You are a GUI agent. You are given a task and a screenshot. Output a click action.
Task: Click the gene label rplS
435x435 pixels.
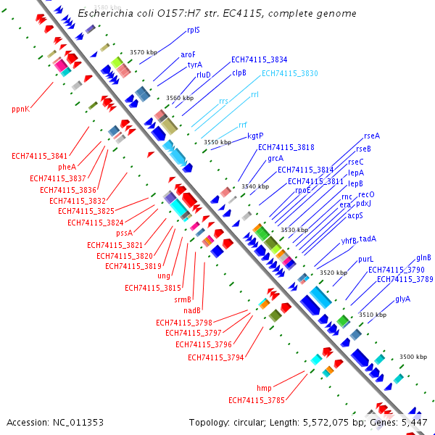194,30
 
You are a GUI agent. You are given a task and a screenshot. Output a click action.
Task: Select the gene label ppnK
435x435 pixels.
21,109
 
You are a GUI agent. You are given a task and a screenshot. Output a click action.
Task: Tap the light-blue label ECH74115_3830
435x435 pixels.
289,73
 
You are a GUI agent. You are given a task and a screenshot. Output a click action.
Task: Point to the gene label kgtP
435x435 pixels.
255,136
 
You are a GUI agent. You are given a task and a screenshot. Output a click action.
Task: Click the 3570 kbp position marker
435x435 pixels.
143,52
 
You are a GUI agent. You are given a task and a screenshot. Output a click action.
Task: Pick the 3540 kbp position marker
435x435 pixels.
254,186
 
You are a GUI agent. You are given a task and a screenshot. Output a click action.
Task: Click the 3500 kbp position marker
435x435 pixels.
413,357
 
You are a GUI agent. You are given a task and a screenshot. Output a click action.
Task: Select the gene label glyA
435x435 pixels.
402,299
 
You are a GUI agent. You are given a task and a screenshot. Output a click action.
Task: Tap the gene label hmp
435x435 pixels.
264,388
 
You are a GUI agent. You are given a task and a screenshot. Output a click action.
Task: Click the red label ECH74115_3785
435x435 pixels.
257,399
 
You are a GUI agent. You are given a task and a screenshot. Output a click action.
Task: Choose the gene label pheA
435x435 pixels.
67,167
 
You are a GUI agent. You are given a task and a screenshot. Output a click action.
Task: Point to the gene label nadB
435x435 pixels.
192,310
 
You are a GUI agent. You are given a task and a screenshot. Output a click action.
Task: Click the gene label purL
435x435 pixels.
365,259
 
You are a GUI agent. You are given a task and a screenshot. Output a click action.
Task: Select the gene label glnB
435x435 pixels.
423,257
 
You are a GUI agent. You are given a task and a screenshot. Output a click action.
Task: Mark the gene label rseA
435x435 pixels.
372,136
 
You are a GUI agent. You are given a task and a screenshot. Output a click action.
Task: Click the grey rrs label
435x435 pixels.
223,101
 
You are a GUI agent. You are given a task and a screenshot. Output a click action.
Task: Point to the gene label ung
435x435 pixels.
164,275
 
